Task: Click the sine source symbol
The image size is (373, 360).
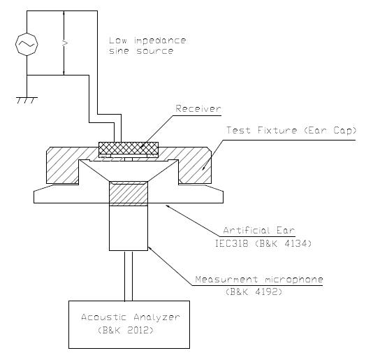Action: click(27, 44)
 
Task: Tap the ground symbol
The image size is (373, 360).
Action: click(27, 100)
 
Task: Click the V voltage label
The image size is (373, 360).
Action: click(65, 43)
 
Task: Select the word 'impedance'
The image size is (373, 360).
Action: click(160, 41)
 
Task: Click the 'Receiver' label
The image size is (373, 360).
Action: click(198, 108)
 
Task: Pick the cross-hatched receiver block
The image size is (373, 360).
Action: click(129, 148)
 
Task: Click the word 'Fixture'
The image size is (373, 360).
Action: click(277, 130)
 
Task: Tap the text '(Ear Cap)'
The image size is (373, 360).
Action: click(330, 131)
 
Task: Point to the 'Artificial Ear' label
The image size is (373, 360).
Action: click(259, 230)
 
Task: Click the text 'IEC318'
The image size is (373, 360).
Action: click(231, 243)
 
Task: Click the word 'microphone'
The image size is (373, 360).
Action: click(294, 280)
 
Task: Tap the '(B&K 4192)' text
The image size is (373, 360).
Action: click(254, 291)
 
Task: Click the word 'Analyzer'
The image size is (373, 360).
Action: click(156, 317)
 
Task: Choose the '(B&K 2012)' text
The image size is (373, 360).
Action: click(125, 330)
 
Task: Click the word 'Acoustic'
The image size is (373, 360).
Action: click(103, 317)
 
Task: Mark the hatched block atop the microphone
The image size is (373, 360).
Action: click(129, 194)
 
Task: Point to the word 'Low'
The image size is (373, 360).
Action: click(118, 41)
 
